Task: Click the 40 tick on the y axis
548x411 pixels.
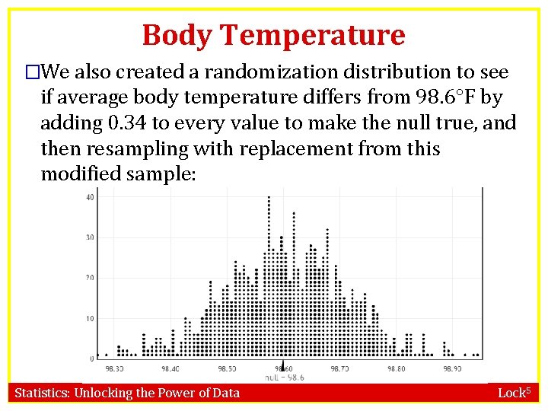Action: click(90, 198)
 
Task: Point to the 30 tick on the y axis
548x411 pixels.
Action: click(90, 237)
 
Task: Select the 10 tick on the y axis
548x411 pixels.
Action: click(90, 318)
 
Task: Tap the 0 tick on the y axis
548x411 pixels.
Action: click(92, 358)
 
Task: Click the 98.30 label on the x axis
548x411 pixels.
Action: click(115, 368)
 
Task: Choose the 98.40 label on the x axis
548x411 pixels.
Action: click(170, 368)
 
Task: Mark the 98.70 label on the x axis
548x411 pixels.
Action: click(339, 368)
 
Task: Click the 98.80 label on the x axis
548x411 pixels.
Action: click(396, 368)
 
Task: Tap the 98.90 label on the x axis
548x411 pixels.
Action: click(452, 368)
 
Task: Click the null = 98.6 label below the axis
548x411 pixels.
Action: click(284, 378)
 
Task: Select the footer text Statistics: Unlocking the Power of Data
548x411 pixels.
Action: click(127, 393)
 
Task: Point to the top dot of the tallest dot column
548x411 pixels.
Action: click(269, 198)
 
